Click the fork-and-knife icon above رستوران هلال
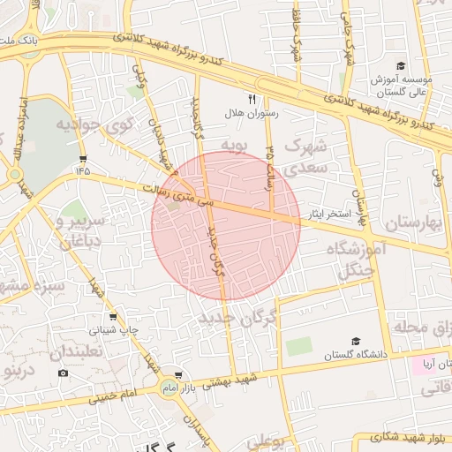[252, 100]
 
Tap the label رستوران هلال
[253, 113]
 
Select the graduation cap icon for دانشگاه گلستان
[356, 341]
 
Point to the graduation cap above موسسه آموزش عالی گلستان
[400, 66]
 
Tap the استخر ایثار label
[330, 215]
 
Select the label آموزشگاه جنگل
[362, 261]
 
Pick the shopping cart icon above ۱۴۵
[84, 158]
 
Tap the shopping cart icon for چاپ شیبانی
[112, 317]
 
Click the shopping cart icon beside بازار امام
[179, 375]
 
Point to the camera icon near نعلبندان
[63, 373]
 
